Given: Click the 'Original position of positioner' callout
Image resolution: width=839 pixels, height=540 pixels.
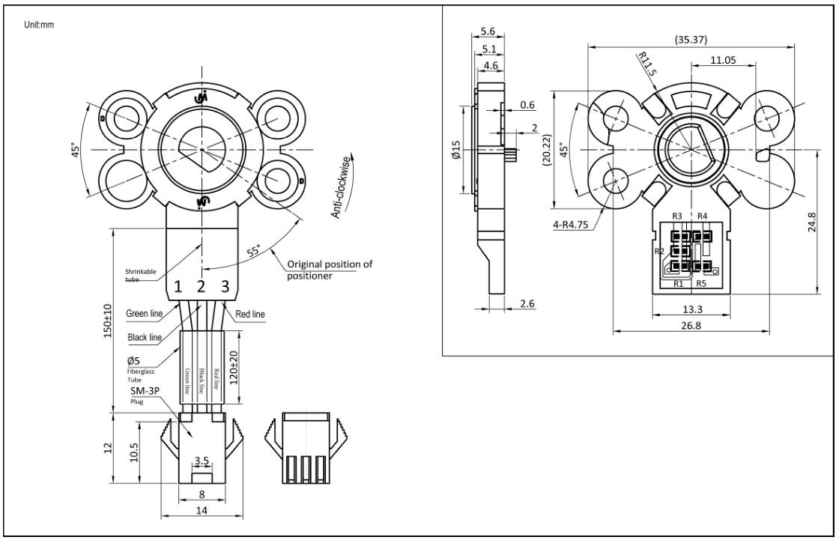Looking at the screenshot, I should tap(330, 269).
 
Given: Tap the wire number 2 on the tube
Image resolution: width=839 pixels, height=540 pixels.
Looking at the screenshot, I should tap(201, 286).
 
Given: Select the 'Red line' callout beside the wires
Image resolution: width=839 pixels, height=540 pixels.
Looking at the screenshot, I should tap(250, 314).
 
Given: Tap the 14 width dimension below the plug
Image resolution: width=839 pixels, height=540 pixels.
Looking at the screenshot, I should tap(201, 509).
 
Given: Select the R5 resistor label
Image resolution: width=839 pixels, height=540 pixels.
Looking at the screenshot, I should tap(702, 284).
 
